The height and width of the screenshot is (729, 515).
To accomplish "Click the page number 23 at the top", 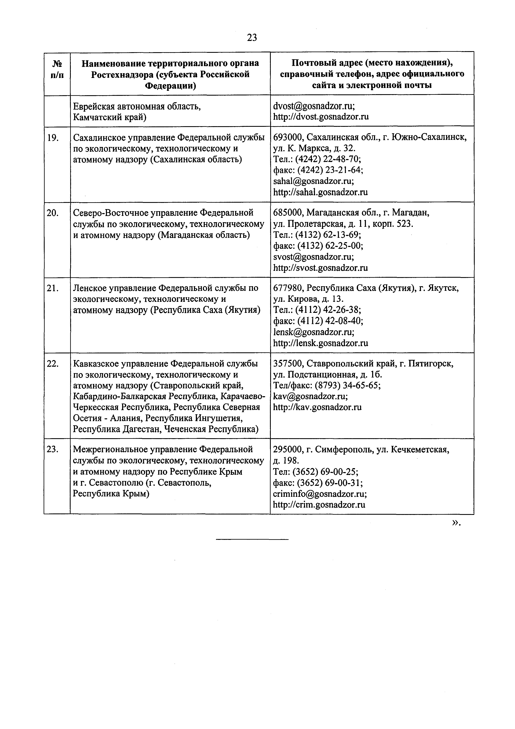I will pyautogui.click(x=252, y=38).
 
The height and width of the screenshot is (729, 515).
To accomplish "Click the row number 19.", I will pyautogui.click(x=52, y=137).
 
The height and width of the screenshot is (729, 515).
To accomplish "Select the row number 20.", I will pyautogui.click(x=53, y=213).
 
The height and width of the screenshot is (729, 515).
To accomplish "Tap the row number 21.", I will pyautogui.click(x=52, y=288).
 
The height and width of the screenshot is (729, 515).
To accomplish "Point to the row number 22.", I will pyautogui.click(x=53, y=364).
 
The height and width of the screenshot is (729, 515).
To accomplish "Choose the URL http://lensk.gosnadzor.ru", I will pyautogui.click(x=321, y=343).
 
